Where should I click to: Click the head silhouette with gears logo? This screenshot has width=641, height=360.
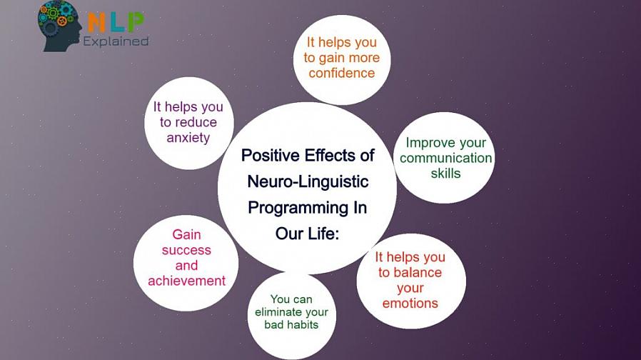point(59,26)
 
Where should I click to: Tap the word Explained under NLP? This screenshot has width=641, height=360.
point(116,41)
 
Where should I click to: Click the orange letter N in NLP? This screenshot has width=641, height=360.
point(97,23)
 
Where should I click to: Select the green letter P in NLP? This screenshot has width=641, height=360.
point(136,23)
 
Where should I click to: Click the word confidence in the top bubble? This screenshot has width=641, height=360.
point(342,73)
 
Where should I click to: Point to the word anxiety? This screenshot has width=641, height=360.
point(188,138)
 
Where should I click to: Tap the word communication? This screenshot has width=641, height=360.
point(445,158)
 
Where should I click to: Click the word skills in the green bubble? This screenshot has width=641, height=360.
point(445,174)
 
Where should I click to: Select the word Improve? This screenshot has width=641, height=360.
point(430,143)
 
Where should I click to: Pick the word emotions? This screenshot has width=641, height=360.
point(410,303)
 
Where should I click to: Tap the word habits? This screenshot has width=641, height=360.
point(305,325)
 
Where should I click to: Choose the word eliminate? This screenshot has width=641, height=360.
point(278,312)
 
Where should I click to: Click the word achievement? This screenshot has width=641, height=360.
point(187,281)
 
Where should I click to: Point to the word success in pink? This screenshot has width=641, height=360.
point(186,250)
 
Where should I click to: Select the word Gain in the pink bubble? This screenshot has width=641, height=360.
point(186,234)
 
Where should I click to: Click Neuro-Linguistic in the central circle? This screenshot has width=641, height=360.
point(308,181)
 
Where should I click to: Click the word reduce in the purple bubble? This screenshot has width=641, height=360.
point(196,122)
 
